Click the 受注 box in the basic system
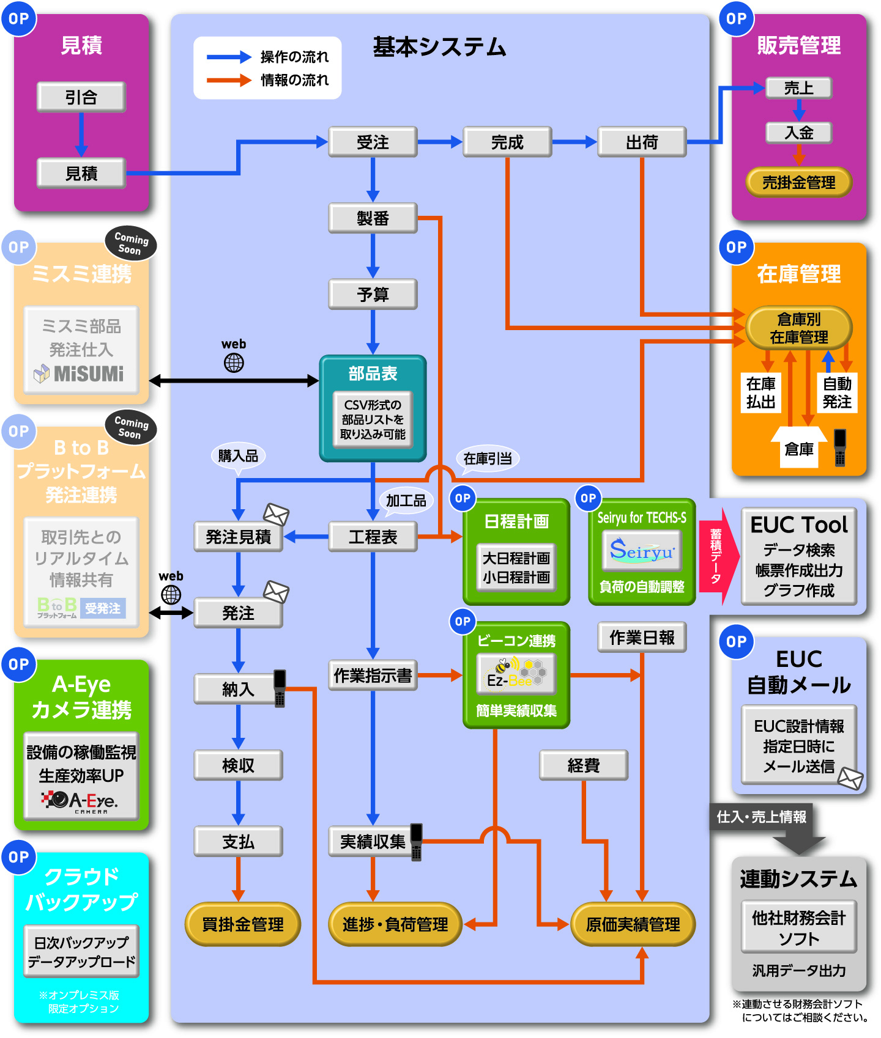(373, 142)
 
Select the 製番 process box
(373, 218)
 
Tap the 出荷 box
(642, 142)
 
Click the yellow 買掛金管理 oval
(242, 924)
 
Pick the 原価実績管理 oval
(633, 924)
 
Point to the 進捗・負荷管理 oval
(395, 924)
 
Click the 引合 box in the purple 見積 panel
(81, 97)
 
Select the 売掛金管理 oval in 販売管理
(798, 182)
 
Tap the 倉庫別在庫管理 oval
(798, 328)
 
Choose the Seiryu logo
(642, 551)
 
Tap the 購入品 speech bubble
(238, 456)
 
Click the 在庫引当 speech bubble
(488, 458)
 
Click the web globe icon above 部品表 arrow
(234, 363)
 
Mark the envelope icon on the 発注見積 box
(276, 514)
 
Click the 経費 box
(584, 765)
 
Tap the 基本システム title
(440, 47)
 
